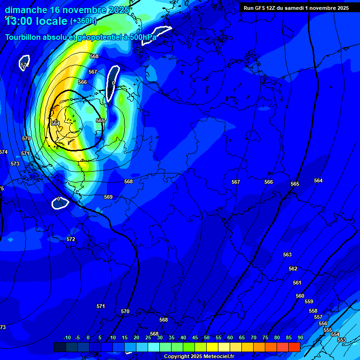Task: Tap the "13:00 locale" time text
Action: (36, 21)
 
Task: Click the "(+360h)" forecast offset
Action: (83, 21)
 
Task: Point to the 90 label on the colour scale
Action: (300, 337)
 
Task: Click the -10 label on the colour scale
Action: (67, 337)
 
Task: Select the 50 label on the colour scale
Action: (207, 337)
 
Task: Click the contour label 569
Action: (108, 197)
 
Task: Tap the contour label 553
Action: (341, 340)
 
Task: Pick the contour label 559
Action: (309, 301)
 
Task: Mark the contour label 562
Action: (293, 269)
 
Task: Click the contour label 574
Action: (3, 152)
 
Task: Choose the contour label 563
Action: (287, 255)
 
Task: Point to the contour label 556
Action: (323, 323)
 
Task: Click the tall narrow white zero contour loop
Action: (112, 83)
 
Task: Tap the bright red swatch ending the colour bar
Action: (294, 347)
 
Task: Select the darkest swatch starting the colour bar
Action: (60, 347)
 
